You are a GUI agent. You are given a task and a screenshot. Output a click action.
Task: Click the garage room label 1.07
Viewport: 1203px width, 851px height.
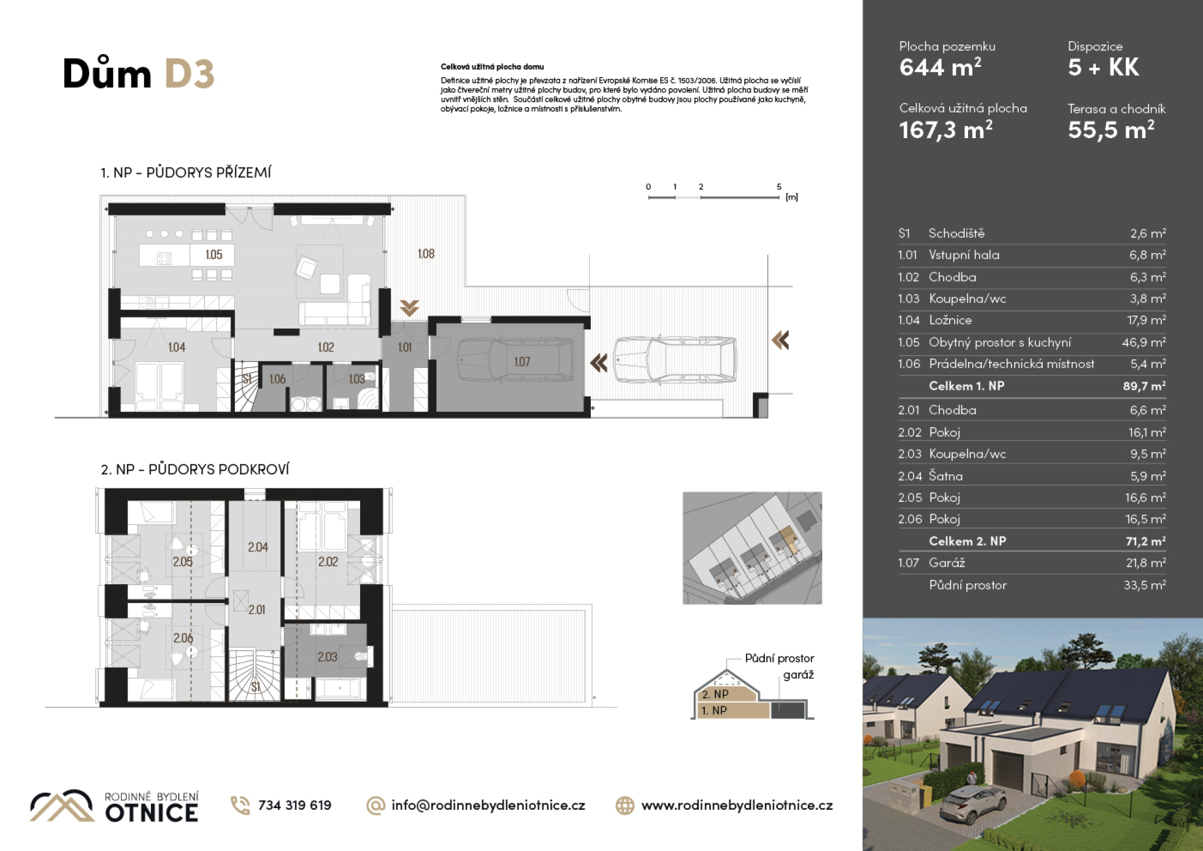click(522, 362)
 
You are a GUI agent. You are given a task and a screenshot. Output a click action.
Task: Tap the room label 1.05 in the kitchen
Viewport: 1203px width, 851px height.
click(214, 254)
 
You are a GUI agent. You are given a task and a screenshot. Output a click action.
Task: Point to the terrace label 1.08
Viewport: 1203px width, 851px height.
click(426, 254)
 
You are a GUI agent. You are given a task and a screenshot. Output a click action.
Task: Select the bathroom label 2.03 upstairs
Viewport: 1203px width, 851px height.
click(327, 657)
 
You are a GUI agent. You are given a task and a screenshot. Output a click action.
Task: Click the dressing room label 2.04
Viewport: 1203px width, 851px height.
click(258, 547)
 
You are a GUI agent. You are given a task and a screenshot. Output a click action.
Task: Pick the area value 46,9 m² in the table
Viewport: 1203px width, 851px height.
click(1144, 342)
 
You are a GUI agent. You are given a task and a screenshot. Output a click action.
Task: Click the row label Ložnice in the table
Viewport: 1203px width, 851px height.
click(950, 320)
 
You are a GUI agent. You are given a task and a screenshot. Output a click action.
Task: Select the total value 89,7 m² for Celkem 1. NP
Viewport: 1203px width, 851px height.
click(1144, 386)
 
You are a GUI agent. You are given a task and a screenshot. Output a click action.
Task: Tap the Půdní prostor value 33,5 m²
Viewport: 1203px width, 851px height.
click(1145, 585)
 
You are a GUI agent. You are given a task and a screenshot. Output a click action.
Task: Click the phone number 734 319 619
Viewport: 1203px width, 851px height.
click(294, 805)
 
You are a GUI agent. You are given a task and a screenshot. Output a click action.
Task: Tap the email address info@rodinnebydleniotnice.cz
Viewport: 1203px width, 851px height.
click(488, 805)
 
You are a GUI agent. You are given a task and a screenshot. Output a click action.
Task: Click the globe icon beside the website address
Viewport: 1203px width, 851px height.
click(625, 805)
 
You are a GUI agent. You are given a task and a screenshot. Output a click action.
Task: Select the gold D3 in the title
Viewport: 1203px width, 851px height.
click(189, 73)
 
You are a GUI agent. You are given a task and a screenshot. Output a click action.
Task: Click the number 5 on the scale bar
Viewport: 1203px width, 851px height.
click(779, 187)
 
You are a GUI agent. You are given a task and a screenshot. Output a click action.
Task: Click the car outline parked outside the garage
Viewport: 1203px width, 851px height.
click(676, 359)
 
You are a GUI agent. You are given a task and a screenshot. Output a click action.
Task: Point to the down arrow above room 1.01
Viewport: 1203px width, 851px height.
click(409, 308)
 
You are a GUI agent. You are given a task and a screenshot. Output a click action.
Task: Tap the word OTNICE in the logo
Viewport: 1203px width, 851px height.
click(152, 813)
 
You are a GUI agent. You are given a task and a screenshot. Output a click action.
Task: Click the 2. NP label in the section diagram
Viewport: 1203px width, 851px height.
click(715, 694)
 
